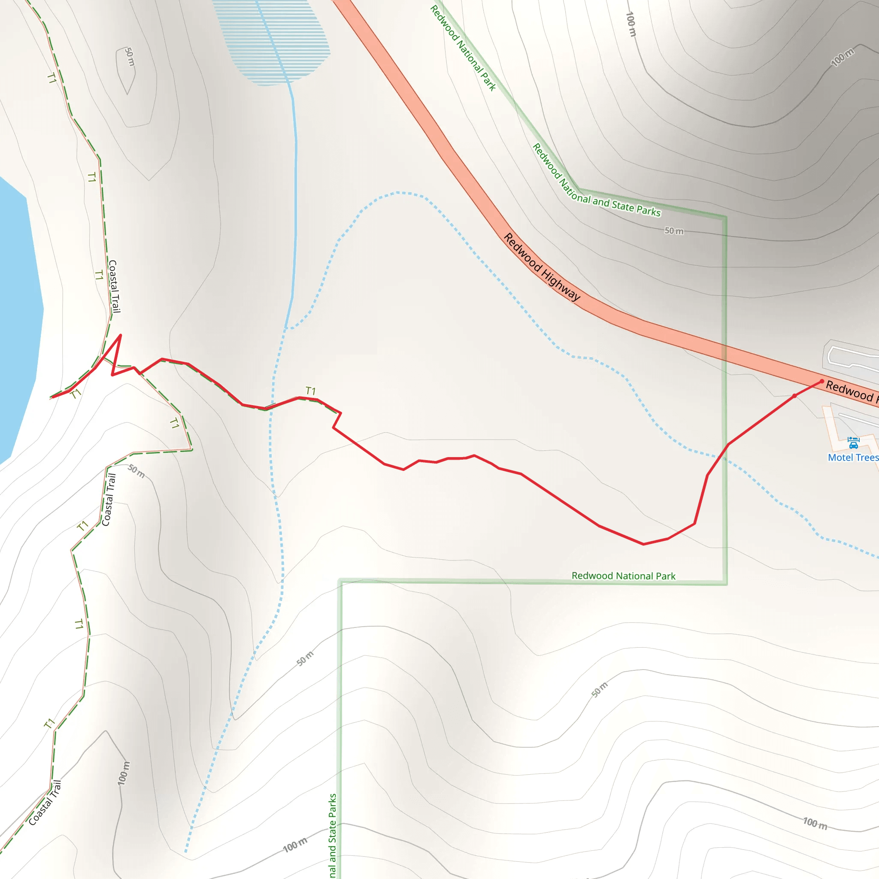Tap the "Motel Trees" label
click(x=853, y=458)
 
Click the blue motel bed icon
click(x=854, y=442)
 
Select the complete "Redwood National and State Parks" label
click(x=596, y=181)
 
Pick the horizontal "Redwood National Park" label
click(x=623, y=576)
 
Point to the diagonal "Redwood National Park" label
click(x=463, y=48)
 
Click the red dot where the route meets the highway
click(x=822, y=381)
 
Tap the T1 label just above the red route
click(x=311, y=391)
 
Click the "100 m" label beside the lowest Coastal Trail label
click(x=124, y=773)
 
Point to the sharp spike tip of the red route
click(x=121, y=335)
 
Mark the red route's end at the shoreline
click(x=53, y=397)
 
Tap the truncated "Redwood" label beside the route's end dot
click(x=851, y=391)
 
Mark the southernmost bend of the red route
click(x=643, y=544)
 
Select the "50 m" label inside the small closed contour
click(x=130, y=57)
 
